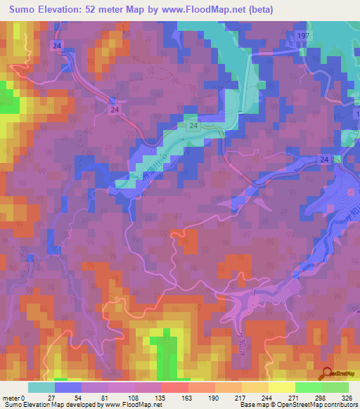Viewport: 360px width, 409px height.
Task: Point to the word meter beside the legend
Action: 12,397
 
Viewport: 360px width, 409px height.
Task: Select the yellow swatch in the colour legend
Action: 281,387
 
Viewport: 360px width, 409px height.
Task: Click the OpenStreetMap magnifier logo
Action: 328,375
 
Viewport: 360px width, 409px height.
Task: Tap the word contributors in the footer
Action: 338,405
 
